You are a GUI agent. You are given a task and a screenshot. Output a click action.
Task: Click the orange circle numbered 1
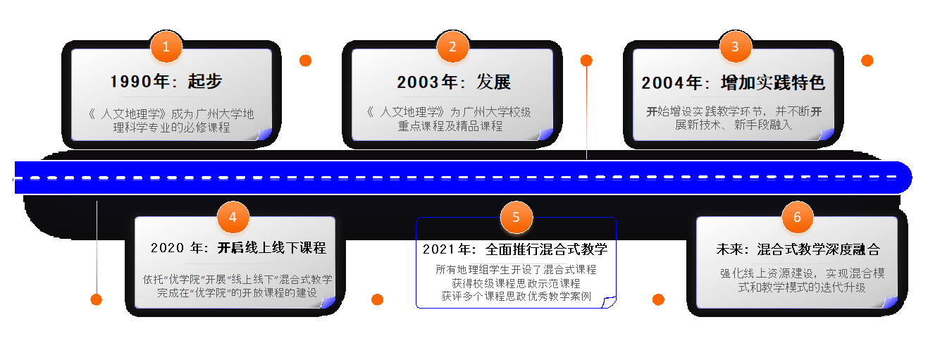(x=166, y=47)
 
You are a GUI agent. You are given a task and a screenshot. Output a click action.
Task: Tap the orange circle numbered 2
(x=452, y=47)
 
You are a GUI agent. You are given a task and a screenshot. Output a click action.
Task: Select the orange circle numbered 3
(x=735, y=47)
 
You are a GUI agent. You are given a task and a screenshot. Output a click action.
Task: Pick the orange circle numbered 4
(x=233, y=217)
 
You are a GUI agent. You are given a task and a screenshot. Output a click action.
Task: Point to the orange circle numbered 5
(x=516, y=217)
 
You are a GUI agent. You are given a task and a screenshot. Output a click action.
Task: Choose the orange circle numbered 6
(x=797, y=217)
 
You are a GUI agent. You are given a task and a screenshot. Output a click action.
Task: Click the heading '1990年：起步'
(x=166, y=82)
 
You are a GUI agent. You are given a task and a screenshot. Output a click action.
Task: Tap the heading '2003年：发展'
(x=453, y=82)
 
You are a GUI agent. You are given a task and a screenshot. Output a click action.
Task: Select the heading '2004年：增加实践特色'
(x=733, y=82)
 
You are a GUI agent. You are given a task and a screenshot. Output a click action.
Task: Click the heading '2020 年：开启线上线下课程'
(x=238, y=248)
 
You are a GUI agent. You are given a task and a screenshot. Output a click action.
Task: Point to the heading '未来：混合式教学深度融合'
(x=798, y=249)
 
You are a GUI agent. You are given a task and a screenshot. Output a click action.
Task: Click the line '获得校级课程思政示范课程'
(x=516, y=283)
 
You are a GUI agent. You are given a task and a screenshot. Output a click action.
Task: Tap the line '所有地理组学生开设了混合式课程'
(x=516, y=270)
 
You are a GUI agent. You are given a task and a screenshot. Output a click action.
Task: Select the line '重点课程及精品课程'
(x=450, y=126)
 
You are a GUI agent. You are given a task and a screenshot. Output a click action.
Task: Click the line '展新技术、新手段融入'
(x=734, y=125)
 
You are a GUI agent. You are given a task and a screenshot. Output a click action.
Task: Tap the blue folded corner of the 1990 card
(x=265, y=134)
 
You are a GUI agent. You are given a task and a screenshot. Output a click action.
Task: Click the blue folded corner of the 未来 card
(x=891, y=302)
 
